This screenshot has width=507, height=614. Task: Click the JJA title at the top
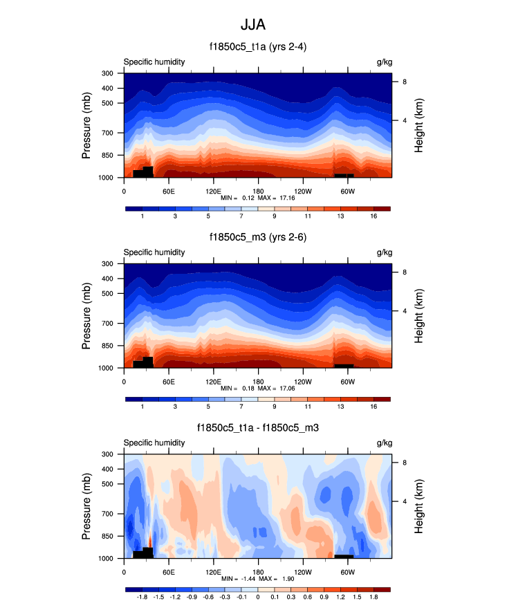pos(253,25)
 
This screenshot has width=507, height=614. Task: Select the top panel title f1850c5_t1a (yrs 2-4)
pos(257,48)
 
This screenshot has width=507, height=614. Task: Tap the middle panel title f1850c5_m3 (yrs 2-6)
pos(257,238)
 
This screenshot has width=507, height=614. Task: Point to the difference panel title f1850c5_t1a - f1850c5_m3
pos(257,429)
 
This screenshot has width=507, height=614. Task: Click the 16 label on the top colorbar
pos(374,217)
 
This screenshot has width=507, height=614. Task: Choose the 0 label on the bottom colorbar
pos(258,598)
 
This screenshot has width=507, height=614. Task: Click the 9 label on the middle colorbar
pos(258,408)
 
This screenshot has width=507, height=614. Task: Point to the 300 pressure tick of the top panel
pos(107,73)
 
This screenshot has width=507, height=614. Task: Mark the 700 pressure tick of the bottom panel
pos(107,514)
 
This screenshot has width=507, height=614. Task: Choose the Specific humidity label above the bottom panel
pos(154,443)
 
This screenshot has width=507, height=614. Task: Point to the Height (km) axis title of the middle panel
pos(419,316)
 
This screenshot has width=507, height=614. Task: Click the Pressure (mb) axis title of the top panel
pos(86,126)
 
